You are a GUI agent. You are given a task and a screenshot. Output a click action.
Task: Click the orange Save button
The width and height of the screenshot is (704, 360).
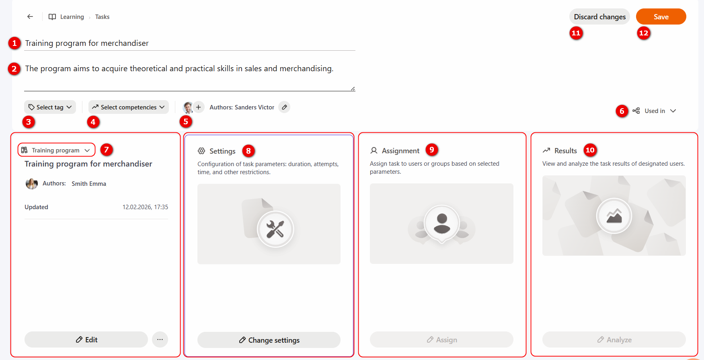click(x=661, y=16)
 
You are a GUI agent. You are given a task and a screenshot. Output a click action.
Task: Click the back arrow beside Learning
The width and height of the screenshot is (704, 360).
click(x=30, y=16)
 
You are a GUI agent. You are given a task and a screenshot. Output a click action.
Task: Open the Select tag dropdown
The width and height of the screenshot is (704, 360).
click(x=50, y=107)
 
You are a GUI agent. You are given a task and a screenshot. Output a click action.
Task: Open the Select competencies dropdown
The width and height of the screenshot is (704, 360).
click(x=129, y=107)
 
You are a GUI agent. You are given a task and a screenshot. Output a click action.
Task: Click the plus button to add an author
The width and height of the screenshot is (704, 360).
click(x=199, y=107)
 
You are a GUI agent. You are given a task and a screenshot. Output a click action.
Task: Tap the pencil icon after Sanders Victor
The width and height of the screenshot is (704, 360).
click(x=284, y=107)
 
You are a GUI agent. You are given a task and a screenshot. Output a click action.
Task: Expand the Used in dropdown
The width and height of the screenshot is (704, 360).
click(x=655, y=111)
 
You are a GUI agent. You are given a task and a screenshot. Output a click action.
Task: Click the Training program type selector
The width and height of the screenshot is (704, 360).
click(x=56, y=150)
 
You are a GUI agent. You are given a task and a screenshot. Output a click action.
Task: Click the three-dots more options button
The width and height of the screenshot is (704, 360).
click(x=160, y=339)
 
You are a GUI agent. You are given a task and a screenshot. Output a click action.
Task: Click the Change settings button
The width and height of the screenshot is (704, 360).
click(x=269, y=340)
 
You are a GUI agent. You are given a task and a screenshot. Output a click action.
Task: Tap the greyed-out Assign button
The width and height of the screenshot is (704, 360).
click(x=441, y=339)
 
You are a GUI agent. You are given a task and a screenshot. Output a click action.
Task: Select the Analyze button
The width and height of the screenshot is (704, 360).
click(x=614, y=339)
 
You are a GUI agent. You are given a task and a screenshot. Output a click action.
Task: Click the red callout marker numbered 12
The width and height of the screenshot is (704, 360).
click(x=644, y=33)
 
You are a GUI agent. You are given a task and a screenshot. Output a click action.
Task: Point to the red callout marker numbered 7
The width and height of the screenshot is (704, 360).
click(x=106, y=150)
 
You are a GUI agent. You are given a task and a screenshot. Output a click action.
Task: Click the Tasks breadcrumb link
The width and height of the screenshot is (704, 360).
click(x=102, y=17)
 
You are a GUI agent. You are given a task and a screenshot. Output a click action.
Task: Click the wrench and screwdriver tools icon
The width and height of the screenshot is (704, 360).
click(x=275, y=229)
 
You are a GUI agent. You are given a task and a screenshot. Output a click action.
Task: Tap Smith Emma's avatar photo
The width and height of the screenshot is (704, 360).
click(x=31, y=183)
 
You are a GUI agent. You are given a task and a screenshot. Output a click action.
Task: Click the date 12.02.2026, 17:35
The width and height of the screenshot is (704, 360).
click(x=145, y=207)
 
